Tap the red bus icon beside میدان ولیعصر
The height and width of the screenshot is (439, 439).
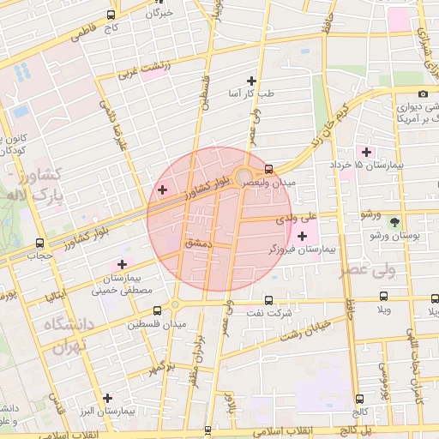(x=269, y=169)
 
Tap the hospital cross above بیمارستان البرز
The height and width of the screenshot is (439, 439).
(x=107, y=398)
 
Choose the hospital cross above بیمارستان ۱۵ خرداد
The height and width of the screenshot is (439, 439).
(x=366, y=152)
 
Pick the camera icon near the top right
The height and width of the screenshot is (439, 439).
(x=423, y=94)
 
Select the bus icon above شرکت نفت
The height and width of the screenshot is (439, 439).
(x=269, y=301)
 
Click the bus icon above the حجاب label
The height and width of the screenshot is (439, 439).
(x=40, y=243)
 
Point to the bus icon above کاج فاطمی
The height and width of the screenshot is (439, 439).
(x=111, y=15)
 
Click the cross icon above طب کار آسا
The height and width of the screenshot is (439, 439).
(x=250, y=80)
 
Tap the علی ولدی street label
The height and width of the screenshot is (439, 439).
(x=296, y=219)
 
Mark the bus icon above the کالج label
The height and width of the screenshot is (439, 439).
(x=358, y=398)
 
